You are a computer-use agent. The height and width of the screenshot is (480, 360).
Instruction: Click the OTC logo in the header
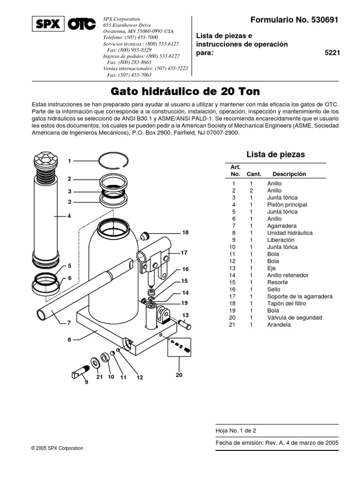[81, 24]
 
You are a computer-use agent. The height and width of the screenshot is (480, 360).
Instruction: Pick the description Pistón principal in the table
[287, 205]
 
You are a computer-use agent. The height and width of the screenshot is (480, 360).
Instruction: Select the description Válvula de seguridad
[294, 317]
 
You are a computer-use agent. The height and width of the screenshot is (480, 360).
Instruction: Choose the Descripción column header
[289, 174]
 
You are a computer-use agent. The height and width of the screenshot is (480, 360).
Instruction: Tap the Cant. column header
[254, 174]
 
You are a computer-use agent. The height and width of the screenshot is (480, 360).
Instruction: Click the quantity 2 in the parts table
[251, 191]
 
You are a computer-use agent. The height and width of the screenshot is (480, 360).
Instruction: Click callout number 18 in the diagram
[185, 232]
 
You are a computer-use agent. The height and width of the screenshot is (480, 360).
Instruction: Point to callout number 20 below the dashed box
[179, 375]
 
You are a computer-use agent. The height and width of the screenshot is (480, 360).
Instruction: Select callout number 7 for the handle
[69, 323]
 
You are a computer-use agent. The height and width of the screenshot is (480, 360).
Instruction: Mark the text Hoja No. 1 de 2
[236, 430]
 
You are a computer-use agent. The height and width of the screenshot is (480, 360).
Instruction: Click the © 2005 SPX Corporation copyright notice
[57, 448]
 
